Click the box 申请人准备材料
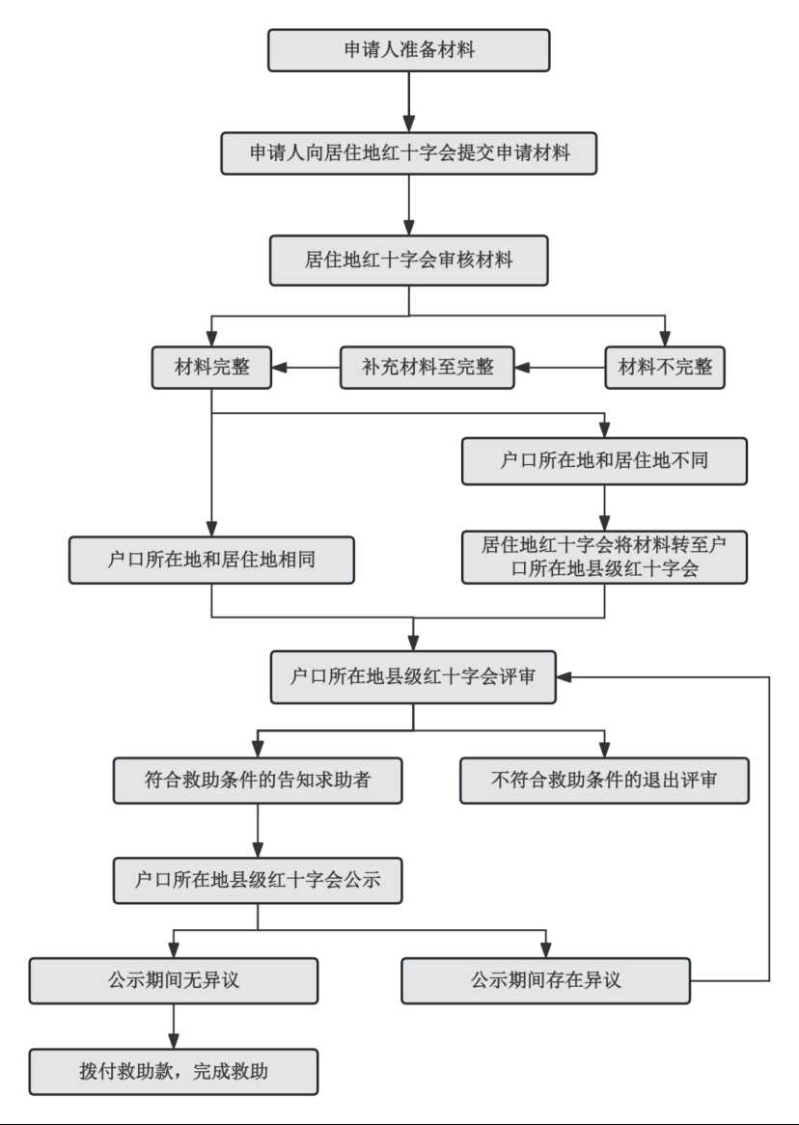pyautogui.click(x=408, y=50)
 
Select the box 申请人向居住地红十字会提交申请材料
pyautogui.click(x=408, y=152)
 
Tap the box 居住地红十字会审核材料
pyautogui.click(x=408, y=260)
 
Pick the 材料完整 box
pyautogui.click(x=211, y=368)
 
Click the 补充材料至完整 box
pyautogui.click(x=427, y=368)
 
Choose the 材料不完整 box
pyautogui.click(x=665, y=368)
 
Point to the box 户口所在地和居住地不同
pyautogui.click(x=604, y=460)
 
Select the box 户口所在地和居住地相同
pyautogui.click(x=211, y=560)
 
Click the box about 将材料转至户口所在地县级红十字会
pyautogui.click(x=604, y=557)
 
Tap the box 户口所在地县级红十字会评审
pyautogui.click(x=413, y=676)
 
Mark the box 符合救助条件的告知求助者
pyautogui.click(x=258, y=780)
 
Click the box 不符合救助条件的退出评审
pyautogui.click(x=604, y=780)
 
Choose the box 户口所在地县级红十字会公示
pyautogui.click(x=258, y=880)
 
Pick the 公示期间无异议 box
pyautogui.click(x=174, y=980)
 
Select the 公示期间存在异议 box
pyautogui.click(x=545, y=980)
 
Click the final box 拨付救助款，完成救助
pyautogui.click(x=174, y=1072)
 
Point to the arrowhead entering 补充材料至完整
pyautogui.click(x=523, y=368)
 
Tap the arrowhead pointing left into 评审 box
pyautogui.click(x=565, y=676)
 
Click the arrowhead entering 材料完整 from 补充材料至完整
pyautogui.click(x=280, y=368)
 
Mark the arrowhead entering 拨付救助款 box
pyautogui.click(x=174, y=1041)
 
